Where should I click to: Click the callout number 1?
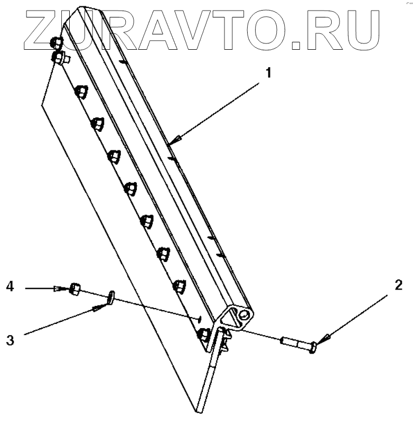(268, 73)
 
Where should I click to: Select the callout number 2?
(398, 286)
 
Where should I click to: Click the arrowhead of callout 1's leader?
(179, 139)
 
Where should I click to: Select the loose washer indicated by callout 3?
(111, 297)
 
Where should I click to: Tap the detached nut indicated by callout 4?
(74, 289)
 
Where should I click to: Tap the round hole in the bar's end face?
(244, 314)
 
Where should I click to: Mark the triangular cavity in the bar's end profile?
(231, 318)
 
